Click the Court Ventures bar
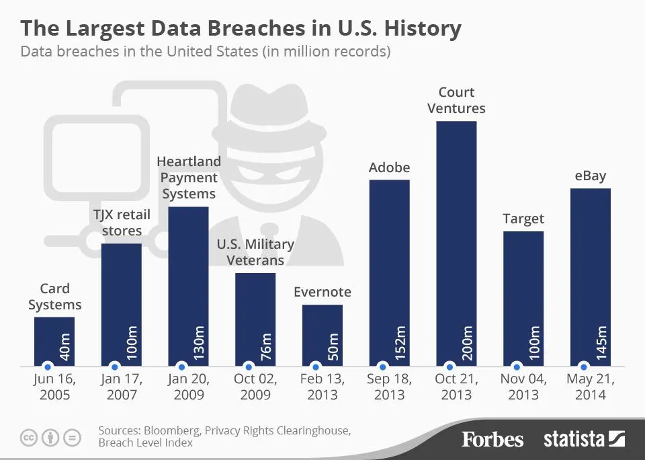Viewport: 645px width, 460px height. pos(456,242)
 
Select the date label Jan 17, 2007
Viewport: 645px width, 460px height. pos(122,387)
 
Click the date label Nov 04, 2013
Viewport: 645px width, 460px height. pos(523,387)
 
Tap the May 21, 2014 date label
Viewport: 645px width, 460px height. pos(591,387)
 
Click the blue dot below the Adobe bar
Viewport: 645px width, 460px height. pos(383,367)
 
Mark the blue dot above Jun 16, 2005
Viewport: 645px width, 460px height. pos(47,367)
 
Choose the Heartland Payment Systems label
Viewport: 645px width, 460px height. pos(189,178)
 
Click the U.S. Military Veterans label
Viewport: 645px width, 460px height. pos(255,252)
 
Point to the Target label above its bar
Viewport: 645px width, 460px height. pos(523,219)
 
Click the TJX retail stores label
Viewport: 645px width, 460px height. pos(122,223)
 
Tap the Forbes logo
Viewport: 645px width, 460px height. pos(492,440)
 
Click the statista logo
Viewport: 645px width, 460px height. pos(584,440)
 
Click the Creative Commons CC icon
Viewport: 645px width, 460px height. pos(28,437)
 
